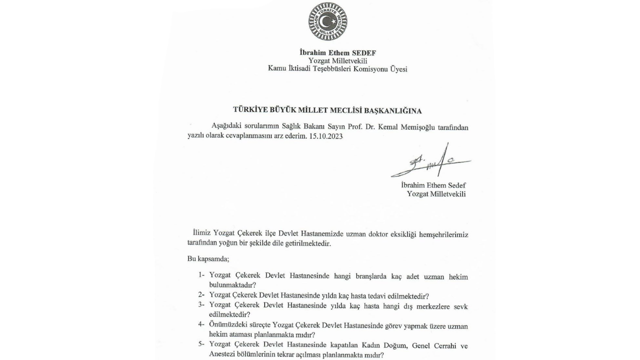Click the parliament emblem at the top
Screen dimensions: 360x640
point(327,21)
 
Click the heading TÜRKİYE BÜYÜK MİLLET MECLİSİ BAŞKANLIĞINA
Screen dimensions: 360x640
point(327,110)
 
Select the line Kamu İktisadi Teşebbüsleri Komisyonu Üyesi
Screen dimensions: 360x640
point(337,69)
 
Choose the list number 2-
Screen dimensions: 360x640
point(201,295)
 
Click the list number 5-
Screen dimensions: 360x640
point(201,345)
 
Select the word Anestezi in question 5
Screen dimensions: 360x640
point(223,355)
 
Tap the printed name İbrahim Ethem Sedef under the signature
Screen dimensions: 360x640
point(433,185)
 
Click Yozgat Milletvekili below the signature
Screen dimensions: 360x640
point(436,194)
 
